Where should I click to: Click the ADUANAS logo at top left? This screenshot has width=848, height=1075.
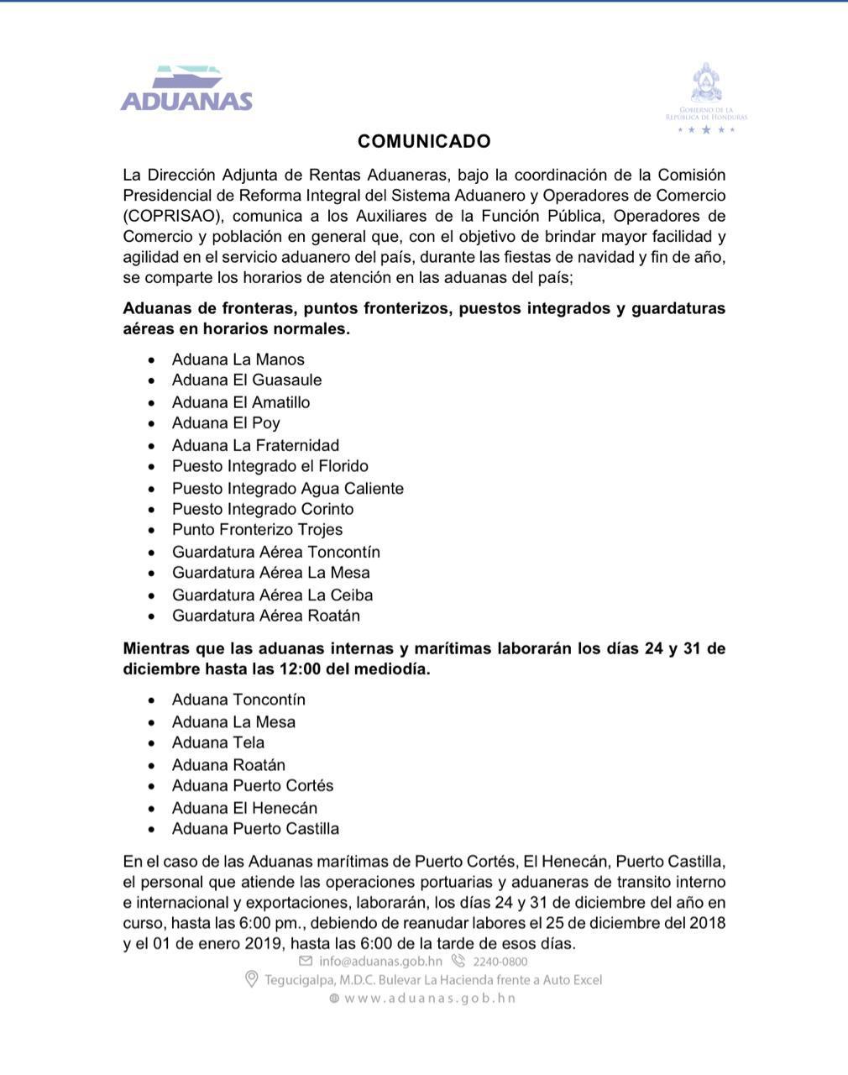186,90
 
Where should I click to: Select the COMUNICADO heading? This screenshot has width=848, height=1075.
424,141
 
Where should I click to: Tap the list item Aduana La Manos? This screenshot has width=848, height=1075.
238,359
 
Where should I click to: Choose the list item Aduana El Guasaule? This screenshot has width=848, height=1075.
247,380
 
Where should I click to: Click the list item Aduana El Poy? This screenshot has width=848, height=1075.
226,423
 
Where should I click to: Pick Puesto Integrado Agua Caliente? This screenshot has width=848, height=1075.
288,488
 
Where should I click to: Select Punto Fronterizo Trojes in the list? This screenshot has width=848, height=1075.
258,530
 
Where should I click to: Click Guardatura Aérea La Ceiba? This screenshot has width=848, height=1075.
273,595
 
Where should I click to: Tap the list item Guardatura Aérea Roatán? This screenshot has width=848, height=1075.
266,616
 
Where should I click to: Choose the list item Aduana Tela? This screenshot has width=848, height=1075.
218,742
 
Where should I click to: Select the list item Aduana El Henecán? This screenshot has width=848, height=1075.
244,808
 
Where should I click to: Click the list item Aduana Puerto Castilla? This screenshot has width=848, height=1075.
256,829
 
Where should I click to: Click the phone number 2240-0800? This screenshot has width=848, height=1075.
500,961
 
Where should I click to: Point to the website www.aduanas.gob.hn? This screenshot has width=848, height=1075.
430,998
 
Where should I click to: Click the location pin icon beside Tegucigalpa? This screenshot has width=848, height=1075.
250,979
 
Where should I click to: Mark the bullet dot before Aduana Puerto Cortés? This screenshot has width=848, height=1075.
151,787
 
